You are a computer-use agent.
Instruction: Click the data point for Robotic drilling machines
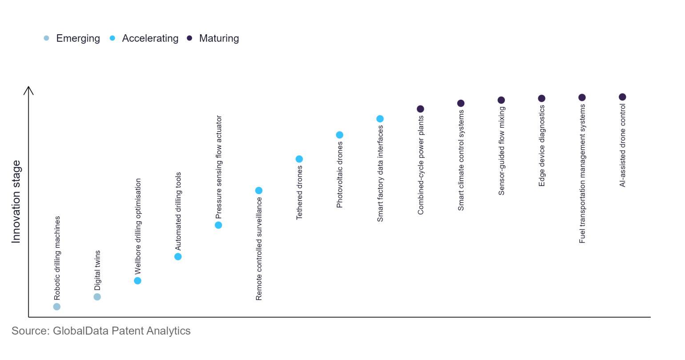coord(56,307)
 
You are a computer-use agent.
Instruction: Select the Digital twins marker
coord(97,297)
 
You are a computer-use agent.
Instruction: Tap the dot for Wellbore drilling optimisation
coord(137,281)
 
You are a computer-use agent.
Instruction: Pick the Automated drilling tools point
coord(178,257)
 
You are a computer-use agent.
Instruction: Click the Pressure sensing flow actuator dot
coord(218,225)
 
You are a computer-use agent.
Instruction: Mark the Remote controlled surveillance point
coord(259,190)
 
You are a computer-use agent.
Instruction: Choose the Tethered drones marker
coord(299,159)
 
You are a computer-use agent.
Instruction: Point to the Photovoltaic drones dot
coord(339,135)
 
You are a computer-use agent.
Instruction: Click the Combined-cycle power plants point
coord(420,109)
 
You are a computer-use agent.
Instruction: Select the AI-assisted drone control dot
coord(623,97)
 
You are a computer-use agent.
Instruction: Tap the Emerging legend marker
coord(46,38)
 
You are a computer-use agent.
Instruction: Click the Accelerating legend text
coord(150,38)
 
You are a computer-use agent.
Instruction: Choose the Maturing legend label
coord(219,38)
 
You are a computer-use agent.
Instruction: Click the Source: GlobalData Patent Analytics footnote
coord(101,331)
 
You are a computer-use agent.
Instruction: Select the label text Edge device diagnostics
coord(542,146)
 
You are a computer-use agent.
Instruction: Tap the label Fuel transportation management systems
coord(582,174)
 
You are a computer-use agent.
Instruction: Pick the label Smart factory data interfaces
coord(380,174)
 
